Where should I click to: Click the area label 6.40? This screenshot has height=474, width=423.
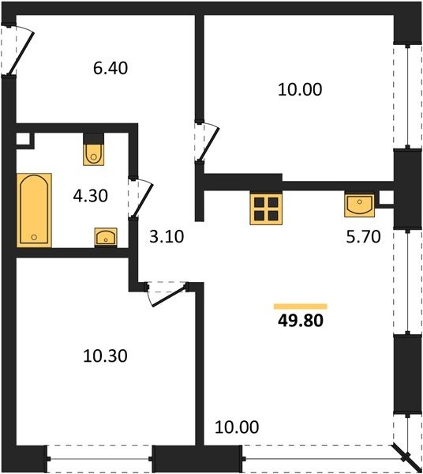(x=110, y=68)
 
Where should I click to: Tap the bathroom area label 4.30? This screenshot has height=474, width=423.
(x=90, y=196)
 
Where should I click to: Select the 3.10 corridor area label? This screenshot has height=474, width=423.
(x=167, y=237)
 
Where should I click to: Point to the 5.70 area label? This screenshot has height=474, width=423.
(x=363, y=237)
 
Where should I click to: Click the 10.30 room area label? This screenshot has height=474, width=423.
(x=105, y=355)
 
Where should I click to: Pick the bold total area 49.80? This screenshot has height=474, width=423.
(x=301, y=321)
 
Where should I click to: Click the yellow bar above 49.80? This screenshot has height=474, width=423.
(x=301, y=307)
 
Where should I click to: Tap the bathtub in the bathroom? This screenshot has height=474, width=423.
(x=34, y=210)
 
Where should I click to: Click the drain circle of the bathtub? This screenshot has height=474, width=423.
(x=34, y=237)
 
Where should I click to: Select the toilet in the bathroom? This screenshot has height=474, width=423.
(x=94, y=154)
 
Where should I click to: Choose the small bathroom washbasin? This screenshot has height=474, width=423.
(x=106, y=237)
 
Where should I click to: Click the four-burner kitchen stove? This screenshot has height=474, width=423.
(x=266, y=209)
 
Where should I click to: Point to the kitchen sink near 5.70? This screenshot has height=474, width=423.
(x=359, y=205)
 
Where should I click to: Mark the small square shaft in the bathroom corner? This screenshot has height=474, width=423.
(x=23, y=140)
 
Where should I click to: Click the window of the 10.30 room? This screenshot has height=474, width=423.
(x=99, y=459)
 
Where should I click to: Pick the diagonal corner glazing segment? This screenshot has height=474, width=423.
(x=407, y=458)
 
